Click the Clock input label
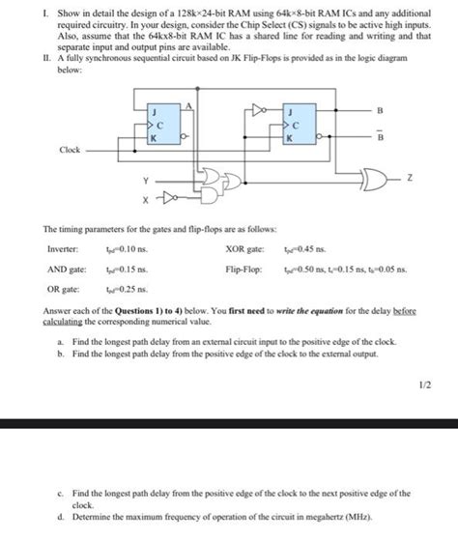71,150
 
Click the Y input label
146,179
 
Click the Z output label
410,179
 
